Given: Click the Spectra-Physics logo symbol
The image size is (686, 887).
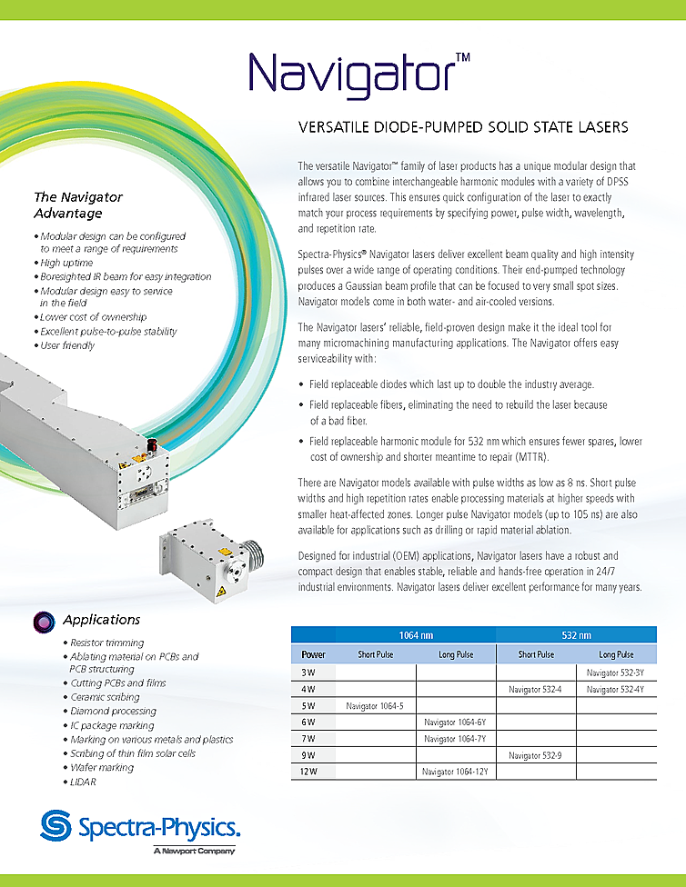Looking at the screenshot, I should [x=57, y=827].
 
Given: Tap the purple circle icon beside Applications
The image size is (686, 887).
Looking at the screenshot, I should [x=42, y=622].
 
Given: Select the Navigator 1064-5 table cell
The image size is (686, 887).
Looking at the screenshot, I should [x=375, y=705].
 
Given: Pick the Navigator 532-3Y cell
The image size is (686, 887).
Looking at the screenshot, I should [x=615, y=673].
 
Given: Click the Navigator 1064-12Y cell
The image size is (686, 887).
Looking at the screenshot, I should [x=456, y=772].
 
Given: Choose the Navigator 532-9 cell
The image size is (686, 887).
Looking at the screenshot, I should [x=536, y=755].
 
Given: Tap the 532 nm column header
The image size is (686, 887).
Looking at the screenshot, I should [x=576, y=635].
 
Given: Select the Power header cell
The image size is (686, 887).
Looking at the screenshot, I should [x=313, y=654].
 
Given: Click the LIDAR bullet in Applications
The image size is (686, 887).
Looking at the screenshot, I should [x=83, y=782].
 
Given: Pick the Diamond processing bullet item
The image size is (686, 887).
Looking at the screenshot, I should [x=114, y=711].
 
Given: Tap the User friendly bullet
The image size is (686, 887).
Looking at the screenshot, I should [x=67, y=345].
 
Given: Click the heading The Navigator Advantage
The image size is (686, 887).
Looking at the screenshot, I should [x=78, y=205].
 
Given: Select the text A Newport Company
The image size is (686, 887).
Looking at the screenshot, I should [x=194, y=851].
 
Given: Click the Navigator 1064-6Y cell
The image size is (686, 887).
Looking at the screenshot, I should [x=456, y=723].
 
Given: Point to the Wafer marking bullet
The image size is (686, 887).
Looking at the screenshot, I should [x=102, y=767].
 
